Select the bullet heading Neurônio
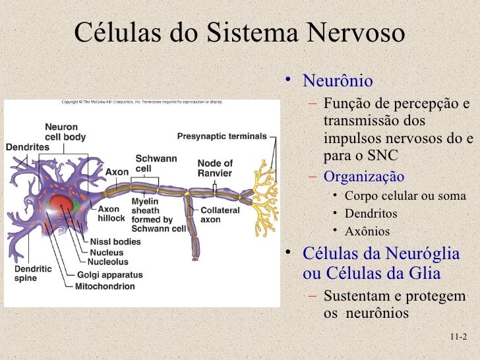(337, 82)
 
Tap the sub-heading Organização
(364, 177)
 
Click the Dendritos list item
(371, 214)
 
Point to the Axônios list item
(367, 231)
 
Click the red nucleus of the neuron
(61, 204)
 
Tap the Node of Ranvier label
(215, 168)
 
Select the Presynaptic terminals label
(222, 136)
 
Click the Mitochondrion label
(105, 287)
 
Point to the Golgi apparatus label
(105, 274)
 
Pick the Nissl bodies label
(115, 242)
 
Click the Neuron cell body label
(65, 132)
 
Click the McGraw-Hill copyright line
(142, 102)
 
